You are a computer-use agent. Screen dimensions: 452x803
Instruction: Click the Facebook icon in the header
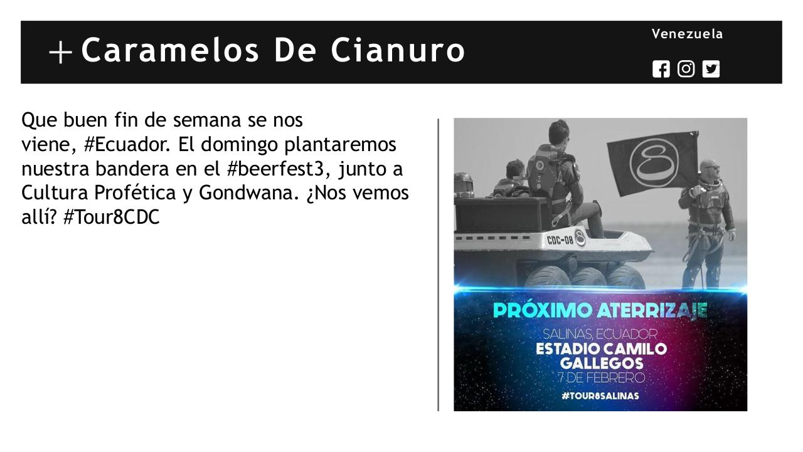(x=661, y=69)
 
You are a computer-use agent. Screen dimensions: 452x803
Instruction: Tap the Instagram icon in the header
(x=686, y=69)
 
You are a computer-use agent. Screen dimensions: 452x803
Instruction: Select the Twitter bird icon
(x=711, y=69)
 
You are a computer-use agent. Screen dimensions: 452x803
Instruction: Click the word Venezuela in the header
(x=687, y=34)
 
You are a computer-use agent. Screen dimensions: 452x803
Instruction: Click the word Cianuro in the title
(x=398, y=50)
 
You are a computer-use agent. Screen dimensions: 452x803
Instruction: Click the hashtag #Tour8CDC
(x=111, y=218)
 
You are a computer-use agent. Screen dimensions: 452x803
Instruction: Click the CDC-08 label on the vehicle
(x=560, y=239)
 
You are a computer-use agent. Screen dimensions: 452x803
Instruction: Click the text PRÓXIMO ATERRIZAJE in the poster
(x=600, y=310)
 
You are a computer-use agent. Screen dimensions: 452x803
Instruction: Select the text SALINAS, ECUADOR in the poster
(x=600, y=334)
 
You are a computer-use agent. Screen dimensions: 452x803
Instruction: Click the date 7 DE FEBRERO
(x=601, y=378)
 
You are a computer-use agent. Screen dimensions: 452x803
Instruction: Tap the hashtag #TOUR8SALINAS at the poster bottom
(x=600, y=396)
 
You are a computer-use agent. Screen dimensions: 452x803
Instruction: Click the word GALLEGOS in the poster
(x=600, y=364)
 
